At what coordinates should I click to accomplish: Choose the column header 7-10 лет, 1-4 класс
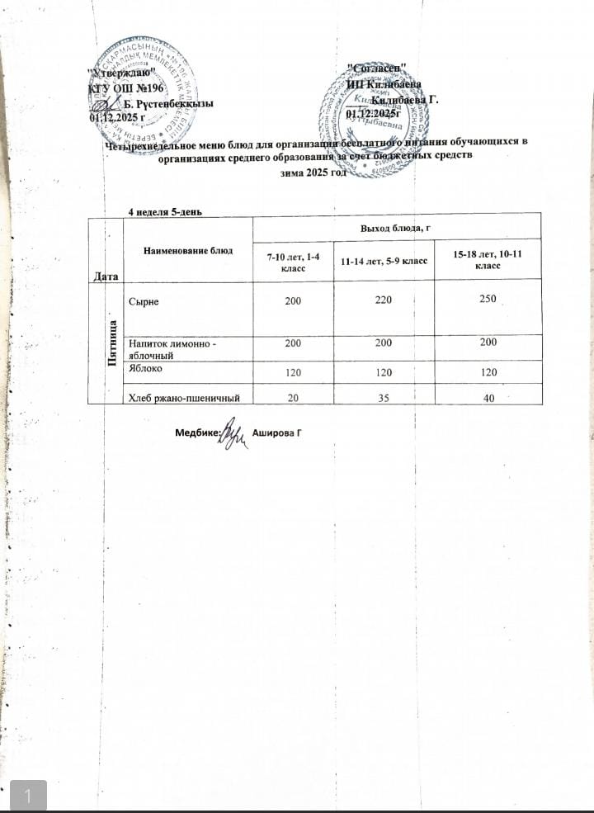point(293,262)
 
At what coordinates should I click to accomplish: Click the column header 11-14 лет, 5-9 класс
point(384,262)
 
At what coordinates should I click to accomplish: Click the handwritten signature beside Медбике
point(233,434)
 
